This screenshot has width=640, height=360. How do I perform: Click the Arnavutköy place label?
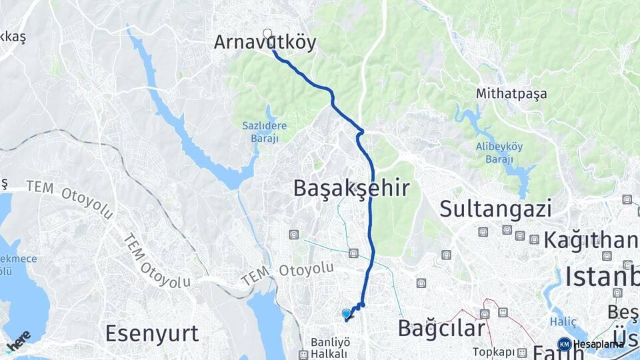click(x=265, y=43)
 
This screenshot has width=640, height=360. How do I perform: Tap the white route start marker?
click(x=267, y=33)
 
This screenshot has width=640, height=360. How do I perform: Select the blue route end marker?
click(x=346, y=313)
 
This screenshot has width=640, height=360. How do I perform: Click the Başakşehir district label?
click(x=351, y=189)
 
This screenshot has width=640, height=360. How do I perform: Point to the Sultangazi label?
click(x=495, y=209)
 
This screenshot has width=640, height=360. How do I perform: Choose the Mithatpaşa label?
click(x=511, y=94)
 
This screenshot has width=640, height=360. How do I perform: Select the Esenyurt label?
click(x=152, y=333)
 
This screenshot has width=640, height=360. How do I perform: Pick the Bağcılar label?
click(x=441, y=328)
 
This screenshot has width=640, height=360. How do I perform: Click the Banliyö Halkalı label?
click(x=330, y=347)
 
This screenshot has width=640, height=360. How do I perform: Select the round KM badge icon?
click(x=564, y=344)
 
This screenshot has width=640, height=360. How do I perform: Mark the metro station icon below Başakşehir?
click(x=353, y=253)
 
